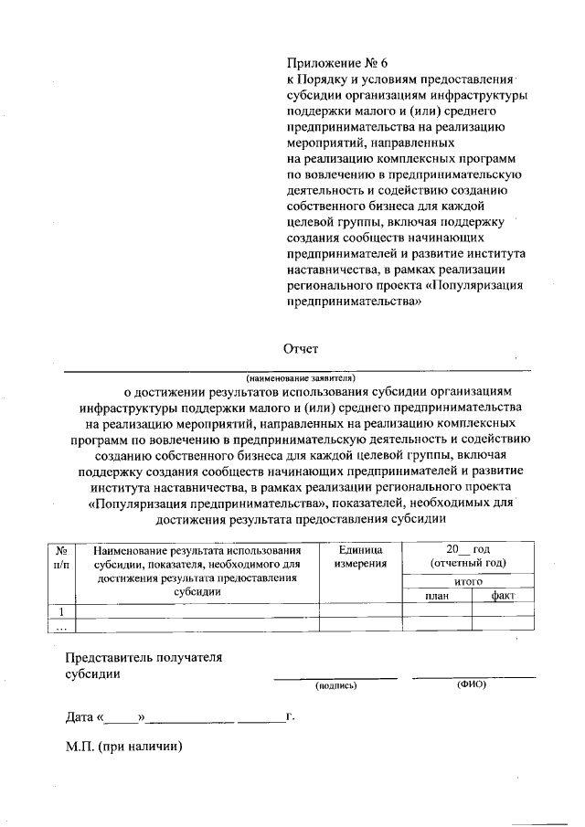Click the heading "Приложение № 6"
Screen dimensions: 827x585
click(x=337, y=63)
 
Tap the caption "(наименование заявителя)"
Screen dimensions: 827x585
click(x=299, y=376)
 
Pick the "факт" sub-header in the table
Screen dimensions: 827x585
click(x=503, y=596)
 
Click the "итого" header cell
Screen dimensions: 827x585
click(x=469, y=581)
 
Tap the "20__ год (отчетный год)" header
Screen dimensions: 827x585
click(x=469, y=556)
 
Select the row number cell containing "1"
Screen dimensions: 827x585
click(x=60, y=611)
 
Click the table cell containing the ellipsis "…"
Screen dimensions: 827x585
click(x=60, y=626)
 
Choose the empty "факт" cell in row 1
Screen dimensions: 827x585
click(x=503, y=611)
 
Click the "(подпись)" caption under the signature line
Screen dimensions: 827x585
click(x=335, y=685)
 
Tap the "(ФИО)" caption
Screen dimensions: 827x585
click(x=472, y=684)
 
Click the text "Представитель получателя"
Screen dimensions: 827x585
click(x=144, y=657)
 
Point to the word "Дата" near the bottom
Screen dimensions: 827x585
click(x=80, y=717)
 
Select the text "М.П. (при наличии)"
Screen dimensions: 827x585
click(x=124, y=747)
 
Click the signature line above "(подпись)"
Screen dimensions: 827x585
click(x=335, y=678)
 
